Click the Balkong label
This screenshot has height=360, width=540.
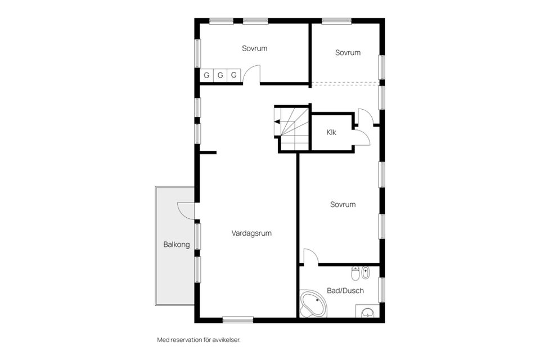(177, 245)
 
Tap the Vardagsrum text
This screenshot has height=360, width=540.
(251, 232)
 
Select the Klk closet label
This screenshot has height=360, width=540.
(331, 133)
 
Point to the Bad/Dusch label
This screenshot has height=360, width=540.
(345, 291)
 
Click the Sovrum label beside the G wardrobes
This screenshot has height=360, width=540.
(254, 48)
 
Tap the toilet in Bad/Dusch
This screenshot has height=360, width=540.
(354, 273)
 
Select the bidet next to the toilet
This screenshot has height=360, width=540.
(366, 273)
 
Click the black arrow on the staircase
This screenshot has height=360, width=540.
(277, 121)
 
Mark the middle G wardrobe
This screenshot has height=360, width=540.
(220, 75)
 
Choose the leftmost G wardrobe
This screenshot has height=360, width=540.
(206, 75)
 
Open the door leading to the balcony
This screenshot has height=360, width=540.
(186, 210)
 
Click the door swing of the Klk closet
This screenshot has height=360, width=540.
(361, 137)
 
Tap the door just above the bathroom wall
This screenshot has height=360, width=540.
(310, 256)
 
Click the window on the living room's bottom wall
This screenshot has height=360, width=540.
(237, 319)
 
